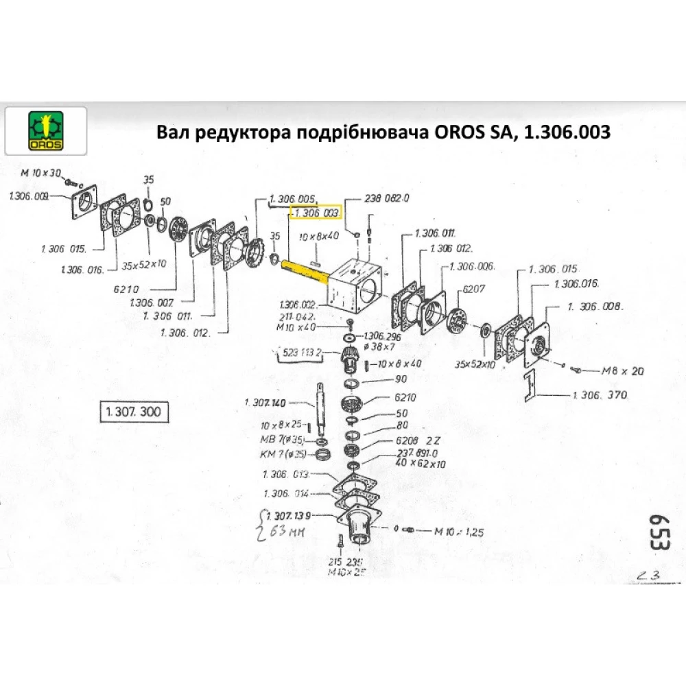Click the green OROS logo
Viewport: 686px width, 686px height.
point(45,130)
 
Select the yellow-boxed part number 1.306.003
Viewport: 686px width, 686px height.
point(315,214)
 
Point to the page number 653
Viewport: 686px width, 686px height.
point(658,531)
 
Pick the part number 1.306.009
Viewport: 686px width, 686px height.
point(28,196)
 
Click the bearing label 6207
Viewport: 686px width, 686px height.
point(475,289)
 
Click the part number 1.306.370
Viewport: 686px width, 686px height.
point(600,395)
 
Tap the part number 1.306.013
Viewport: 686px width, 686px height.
point(286,475)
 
